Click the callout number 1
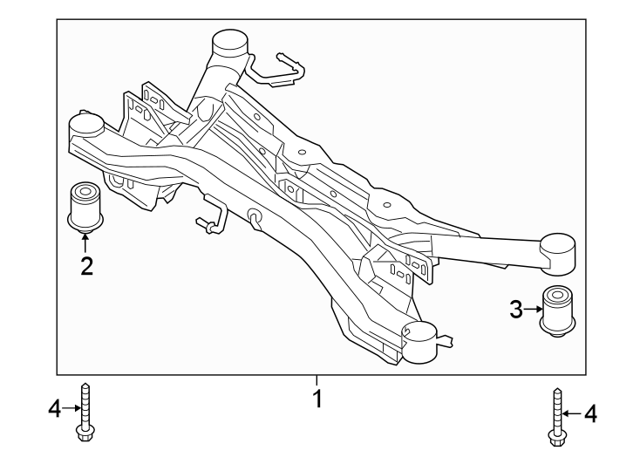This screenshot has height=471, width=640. (318, 400)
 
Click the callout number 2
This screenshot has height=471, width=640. (86, 266)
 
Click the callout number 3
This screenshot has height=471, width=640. (516, 309)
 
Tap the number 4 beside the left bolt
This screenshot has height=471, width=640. (54, 407)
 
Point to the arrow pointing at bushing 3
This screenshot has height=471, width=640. (533, 309)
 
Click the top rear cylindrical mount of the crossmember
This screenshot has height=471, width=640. (229, 43)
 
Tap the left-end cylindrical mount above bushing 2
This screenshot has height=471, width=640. (86, 127)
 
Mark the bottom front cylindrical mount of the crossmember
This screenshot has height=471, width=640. (419, 340)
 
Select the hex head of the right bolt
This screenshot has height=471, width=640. (555, 435)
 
